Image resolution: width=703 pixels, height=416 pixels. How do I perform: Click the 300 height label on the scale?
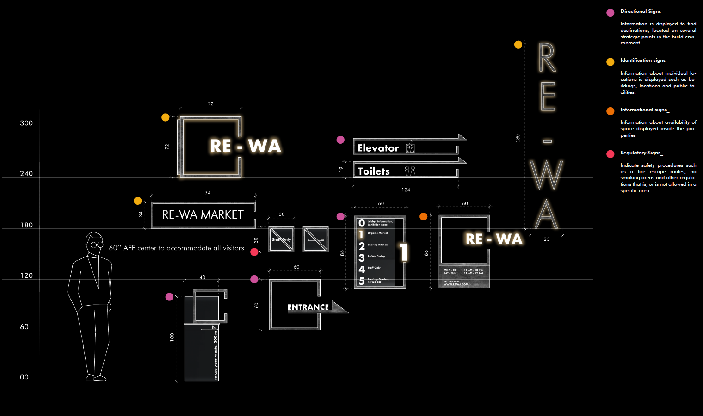(x=26, y=123)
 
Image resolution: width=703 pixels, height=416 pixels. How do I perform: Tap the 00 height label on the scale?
(x=24, y=377)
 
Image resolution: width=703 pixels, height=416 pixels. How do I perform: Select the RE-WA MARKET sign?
(x=203, y=215)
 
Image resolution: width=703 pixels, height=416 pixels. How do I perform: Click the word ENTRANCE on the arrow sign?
(x=308, y=307)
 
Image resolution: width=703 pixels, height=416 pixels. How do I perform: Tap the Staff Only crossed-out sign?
(x=281, y=239)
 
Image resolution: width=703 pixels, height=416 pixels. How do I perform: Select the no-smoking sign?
(x=315, y=239)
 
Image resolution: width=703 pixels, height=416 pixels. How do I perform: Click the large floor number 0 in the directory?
(x=362, y=223)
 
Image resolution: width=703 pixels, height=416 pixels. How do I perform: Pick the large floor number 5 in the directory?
(x=362, y=281)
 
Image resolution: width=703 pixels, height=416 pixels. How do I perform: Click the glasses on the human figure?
(x=97, y=245)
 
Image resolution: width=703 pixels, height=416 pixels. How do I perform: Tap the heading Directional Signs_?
(x=641, y=11)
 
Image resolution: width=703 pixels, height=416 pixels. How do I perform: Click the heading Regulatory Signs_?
(x=641, y=153)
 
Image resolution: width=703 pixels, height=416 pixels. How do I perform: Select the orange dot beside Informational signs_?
(x=610, y=111)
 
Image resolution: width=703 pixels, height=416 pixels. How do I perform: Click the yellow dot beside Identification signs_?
(x=610, y=61)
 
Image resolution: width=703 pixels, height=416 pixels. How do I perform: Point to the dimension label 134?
(x=206, y=192)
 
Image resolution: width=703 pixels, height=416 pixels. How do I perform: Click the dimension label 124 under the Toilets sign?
(x=406, y=190)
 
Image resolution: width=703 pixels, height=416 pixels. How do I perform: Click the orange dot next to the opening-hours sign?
(x=423, y=216)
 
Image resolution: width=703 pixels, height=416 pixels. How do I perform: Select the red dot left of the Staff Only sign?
(x=254, y=252)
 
